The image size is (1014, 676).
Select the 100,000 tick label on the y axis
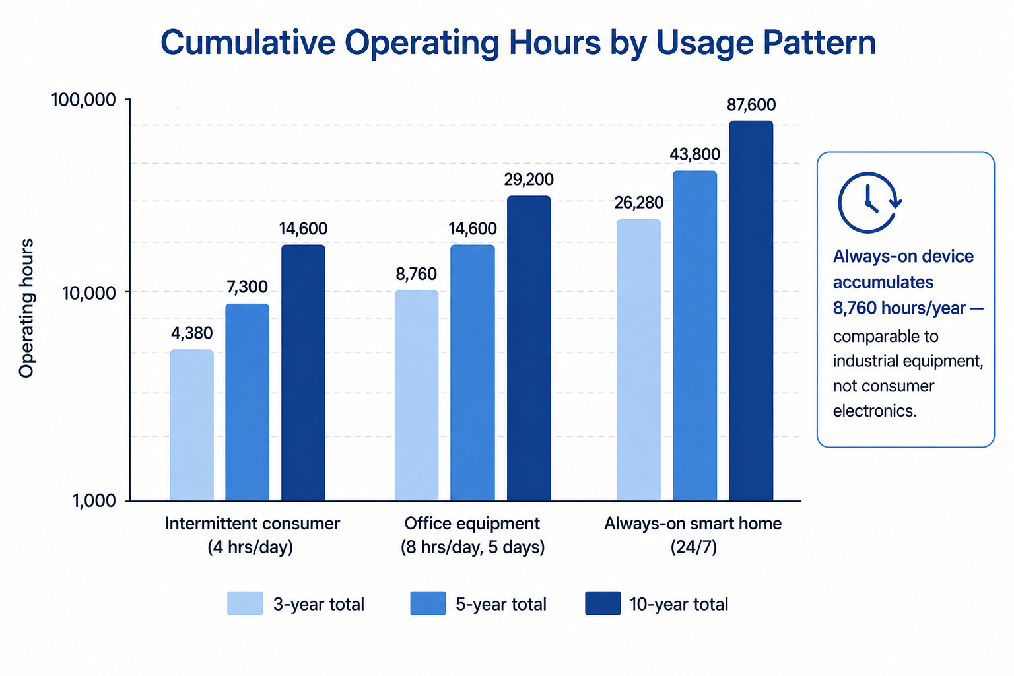pyautogui.click(x=84, y=100)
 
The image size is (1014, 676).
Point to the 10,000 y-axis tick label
pyautogui.click(x=89, y=293)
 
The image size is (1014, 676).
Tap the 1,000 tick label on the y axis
pyautogui.click(x=94, y=501)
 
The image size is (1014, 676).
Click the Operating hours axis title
pyautogui.click(x=26, y=308)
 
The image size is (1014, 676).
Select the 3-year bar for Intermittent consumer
pyautogui.click(x=191, y=425)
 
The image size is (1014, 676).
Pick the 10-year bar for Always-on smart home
pyautogui.click(x=751, y=311)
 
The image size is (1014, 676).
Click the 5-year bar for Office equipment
pyautogui.click(x=472, y=372)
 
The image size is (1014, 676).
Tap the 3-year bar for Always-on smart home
pyautogui.click(x=638, y=360)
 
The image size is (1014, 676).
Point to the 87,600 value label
pyautogui.click(x=751, y=105)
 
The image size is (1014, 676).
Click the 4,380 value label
pyautogui.click(x=191, y=333)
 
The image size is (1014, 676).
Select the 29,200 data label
pyautogui.click(x=529, y=180)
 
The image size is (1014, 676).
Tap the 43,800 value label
pyautogui.click(x=695, y=155)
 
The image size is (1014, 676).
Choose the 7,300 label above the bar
pyautogui.click(x=247, y=287)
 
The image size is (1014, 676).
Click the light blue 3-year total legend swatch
pyautogui.click(x=245, y=603)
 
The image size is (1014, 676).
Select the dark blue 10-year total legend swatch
pyautogui.click(x=603, y=603)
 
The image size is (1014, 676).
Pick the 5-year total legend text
pyautogui.click(x=501, y=605)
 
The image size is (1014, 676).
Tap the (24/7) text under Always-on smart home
pyautogui.click(x=694, y=547)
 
